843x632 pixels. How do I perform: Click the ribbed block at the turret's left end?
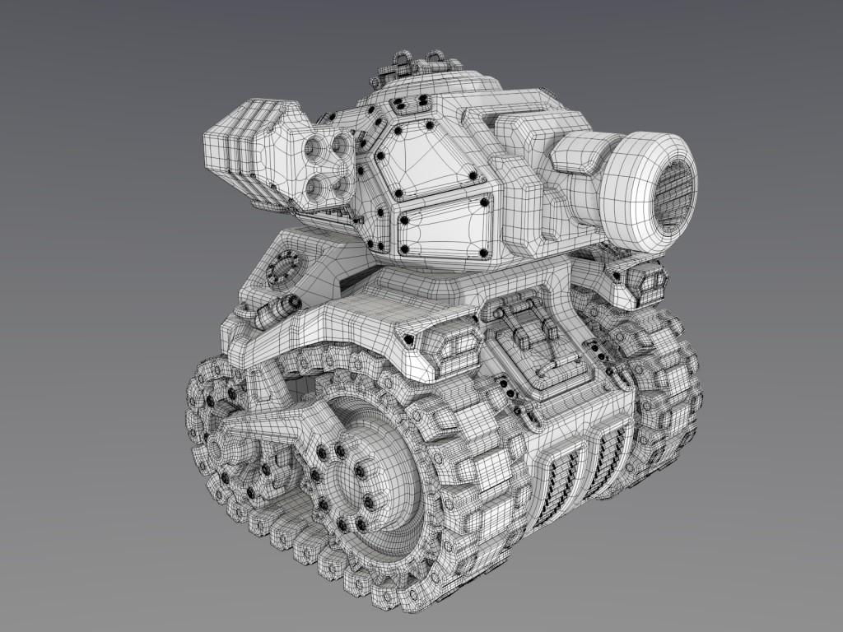click(239, 148)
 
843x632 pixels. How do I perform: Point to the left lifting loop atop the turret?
click(402, 62)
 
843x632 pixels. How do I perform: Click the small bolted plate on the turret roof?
click(409, 103)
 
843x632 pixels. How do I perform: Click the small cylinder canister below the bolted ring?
click(280, 309)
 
